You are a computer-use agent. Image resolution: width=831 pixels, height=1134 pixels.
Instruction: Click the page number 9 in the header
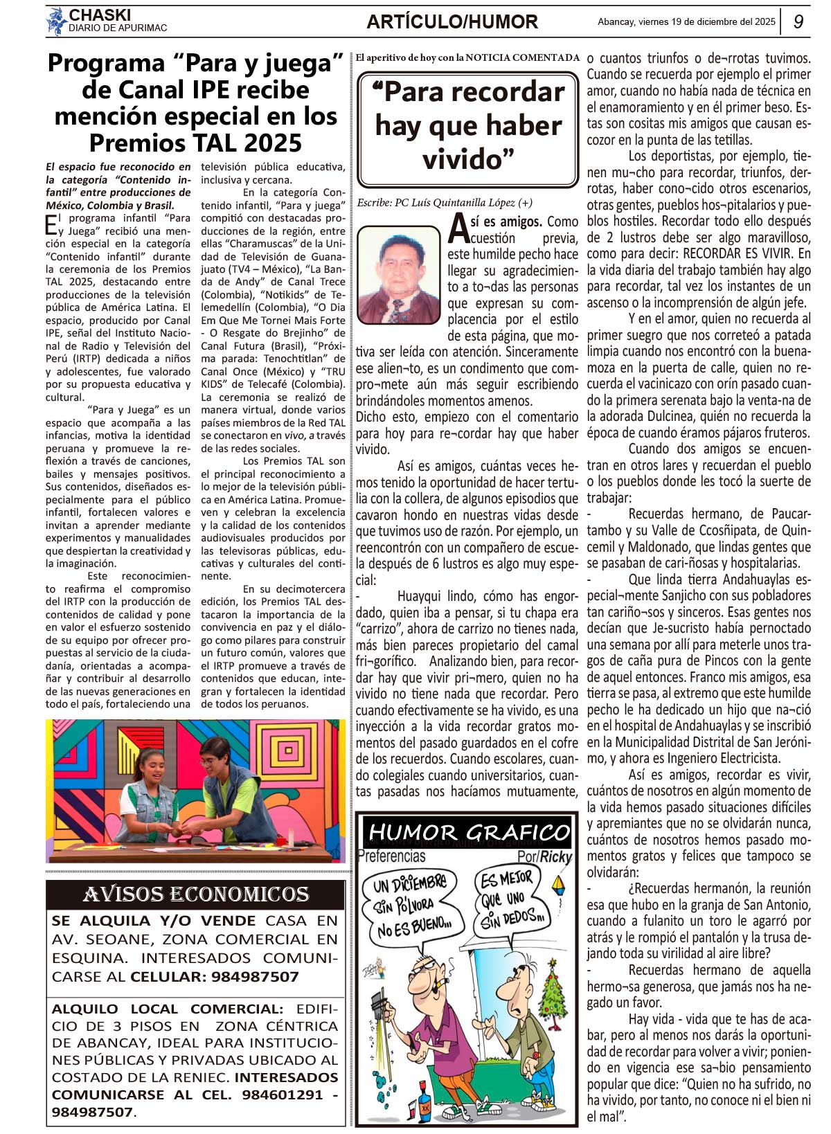click(x=798, y=22)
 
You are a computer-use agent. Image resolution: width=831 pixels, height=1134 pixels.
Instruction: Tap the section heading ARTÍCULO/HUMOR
click(x=452, y=22)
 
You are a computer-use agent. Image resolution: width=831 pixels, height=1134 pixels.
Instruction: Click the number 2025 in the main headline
click(x=267, y=143)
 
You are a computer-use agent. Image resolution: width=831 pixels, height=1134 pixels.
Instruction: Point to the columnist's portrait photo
click(x=399, y=275)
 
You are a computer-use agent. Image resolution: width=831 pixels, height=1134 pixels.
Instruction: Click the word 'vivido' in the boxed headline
click(x=463, y=159)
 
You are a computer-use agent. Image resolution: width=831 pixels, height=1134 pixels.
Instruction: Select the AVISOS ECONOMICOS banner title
click(x=196, y=894)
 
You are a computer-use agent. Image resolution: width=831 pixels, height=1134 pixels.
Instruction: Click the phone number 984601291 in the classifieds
click(x=283, y=1095)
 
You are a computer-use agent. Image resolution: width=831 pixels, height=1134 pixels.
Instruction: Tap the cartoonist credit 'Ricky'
click(x=556, y=857)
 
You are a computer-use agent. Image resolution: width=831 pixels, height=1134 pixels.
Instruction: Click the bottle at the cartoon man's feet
click(x=425, y=1106)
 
